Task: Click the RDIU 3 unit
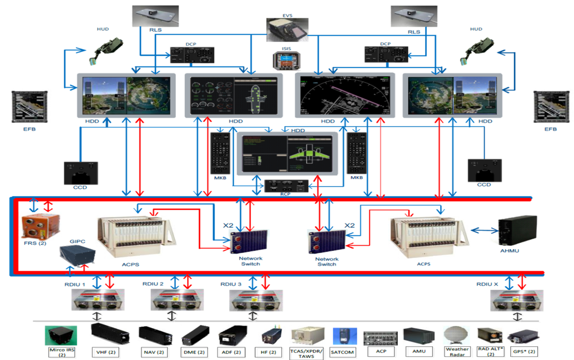256,300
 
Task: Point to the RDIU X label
487,284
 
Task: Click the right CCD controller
484,170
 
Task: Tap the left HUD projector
105,48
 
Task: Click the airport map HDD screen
344,94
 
